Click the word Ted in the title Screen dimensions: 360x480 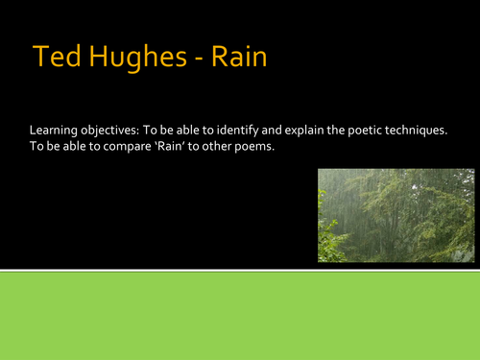54,58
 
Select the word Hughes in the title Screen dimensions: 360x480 130,59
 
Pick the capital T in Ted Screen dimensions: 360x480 39,58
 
